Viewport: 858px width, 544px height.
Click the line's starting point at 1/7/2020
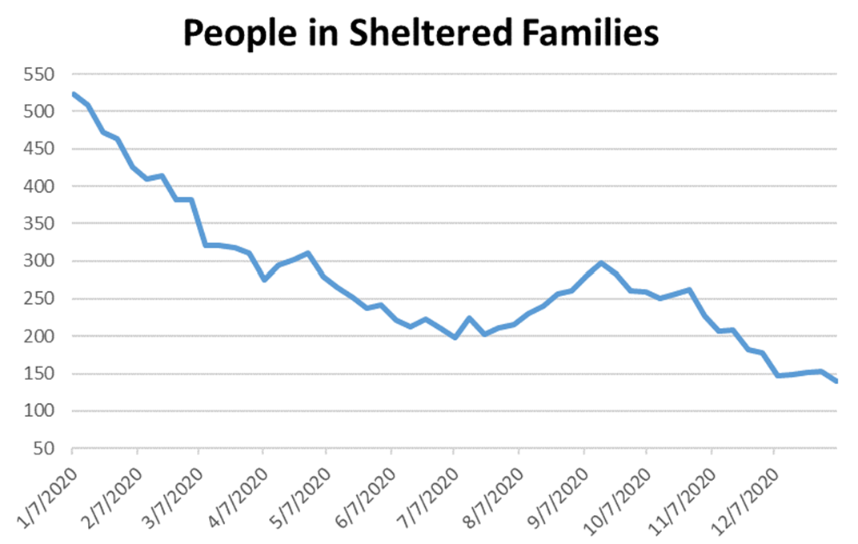click(x=73, y=94)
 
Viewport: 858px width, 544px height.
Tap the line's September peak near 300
click(x=601, y=262)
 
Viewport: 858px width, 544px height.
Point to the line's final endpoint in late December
click(x=836, y=381)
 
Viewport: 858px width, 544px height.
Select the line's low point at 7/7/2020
click(x=455, y=338)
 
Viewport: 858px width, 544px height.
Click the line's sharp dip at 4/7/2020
click(x=264, y=280)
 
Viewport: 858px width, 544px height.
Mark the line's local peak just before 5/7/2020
click(x=308, y=254)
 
